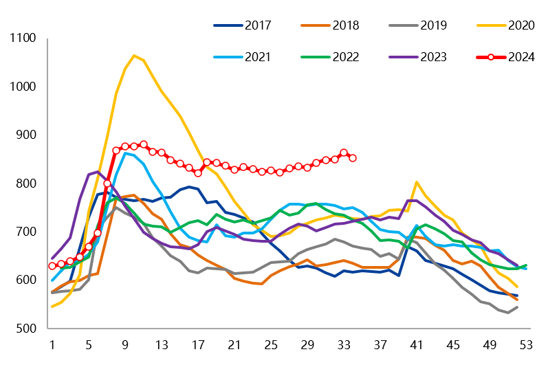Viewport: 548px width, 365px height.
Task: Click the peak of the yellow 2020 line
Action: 134,55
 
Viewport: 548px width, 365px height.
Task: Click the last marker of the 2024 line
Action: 353,158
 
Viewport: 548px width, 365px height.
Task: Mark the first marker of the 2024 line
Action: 52,266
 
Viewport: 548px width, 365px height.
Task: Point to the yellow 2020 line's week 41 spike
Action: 417,182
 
